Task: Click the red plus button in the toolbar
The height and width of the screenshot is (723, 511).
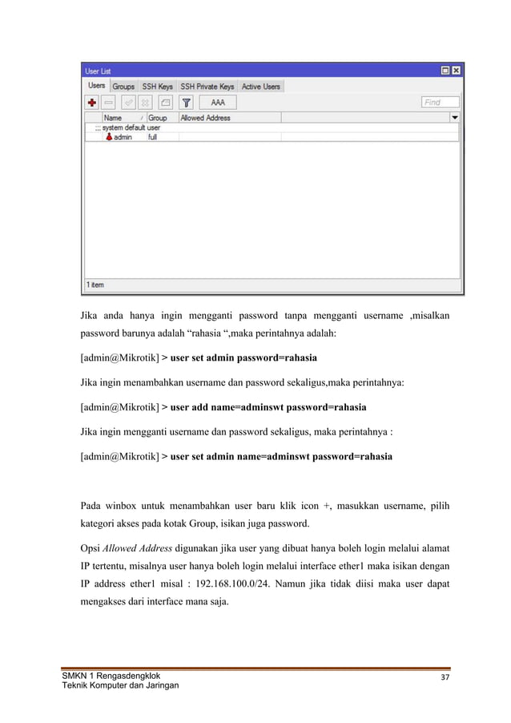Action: [92, 103]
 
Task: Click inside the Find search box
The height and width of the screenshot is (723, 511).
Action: [441, 103]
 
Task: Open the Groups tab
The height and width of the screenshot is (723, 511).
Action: [123, 87]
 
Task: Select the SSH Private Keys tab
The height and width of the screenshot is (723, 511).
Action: [207, 87]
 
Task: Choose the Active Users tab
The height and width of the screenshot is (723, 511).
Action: [261, 87]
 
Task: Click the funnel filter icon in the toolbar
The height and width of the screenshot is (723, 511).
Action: [186, 103]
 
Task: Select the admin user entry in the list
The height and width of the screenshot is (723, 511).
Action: [122, 137]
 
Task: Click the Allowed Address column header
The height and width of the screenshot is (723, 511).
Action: [205, 118]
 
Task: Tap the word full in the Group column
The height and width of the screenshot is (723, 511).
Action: [152, 137]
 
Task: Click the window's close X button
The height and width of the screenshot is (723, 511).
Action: [457, 71]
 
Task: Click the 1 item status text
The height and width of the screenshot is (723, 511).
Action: [95, 285]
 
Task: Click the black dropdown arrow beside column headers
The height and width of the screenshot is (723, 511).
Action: [455, 118]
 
